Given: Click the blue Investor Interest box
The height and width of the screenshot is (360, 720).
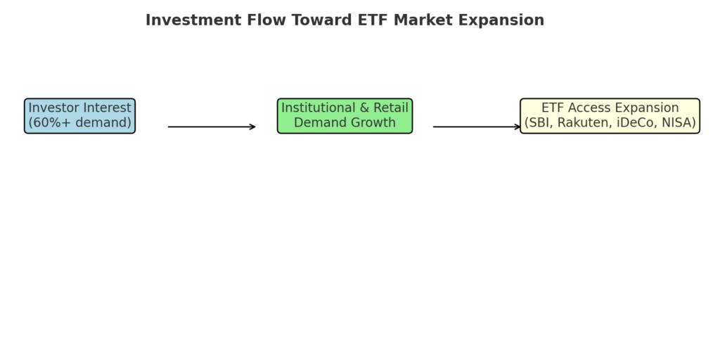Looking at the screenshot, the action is click(x=80, y=116).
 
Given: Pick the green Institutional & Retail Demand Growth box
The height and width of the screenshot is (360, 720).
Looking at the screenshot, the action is click(x=345, y=116).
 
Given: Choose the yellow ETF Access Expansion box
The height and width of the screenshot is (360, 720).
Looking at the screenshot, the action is click(x=610, y=116).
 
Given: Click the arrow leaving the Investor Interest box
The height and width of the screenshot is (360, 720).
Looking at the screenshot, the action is click(x=212, y=127).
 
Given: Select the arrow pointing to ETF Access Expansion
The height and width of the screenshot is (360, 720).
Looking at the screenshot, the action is click(x=477, y=127).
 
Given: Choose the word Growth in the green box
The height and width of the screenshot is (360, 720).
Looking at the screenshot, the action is click(x=373, y=122).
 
